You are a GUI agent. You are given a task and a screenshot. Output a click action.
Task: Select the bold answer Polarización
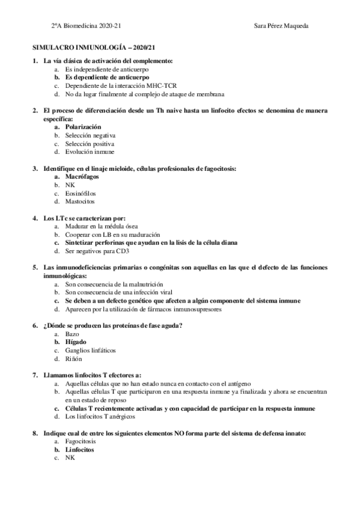point(83,127)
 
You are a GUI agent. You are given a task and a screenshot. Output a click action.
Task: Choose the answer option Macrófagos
point(82,177)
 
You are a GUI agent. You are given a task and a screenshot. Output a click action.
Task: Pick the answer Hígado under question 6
point(76,342)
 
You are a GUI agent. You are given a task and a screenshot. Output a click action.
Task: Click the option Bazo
point(72,333)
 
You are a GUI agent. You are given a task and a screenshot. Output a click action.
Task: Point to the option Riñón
point(74,358)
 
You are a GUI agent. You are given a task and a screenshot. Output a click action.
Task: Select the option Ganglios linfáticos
point(90,350)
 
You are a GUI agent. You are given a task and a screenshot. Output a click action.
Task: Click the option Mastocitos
point(80,202)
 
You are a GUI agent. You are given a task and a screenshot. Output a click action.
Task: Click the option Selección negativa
point(90,136)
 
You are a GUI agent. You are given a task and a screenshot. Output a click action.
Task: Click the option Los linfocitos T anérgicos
point(100,416)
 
